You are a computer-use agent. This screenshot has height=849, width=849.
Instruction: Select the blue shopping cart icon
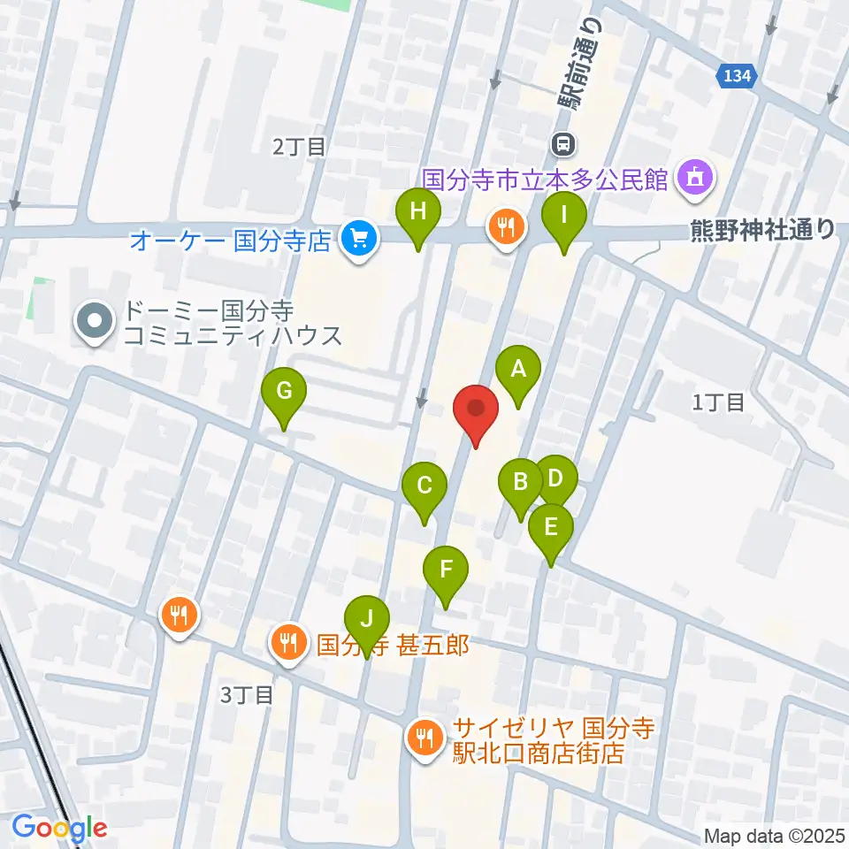click(358, 239)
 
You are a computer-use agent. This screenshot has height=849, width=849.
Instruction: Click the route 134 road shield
click(737, 77)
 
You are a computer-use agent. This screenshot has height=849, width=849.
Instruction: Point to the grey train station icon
click(563, 142)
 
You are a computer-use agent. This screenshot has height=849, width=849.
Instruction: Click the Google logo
click(60, 828)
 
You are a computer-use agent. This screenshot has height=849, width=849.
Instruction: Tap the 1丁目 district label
click(719, 403)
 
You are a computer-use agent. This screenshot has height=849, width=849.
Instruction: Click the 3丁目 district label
click(248, 695)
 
